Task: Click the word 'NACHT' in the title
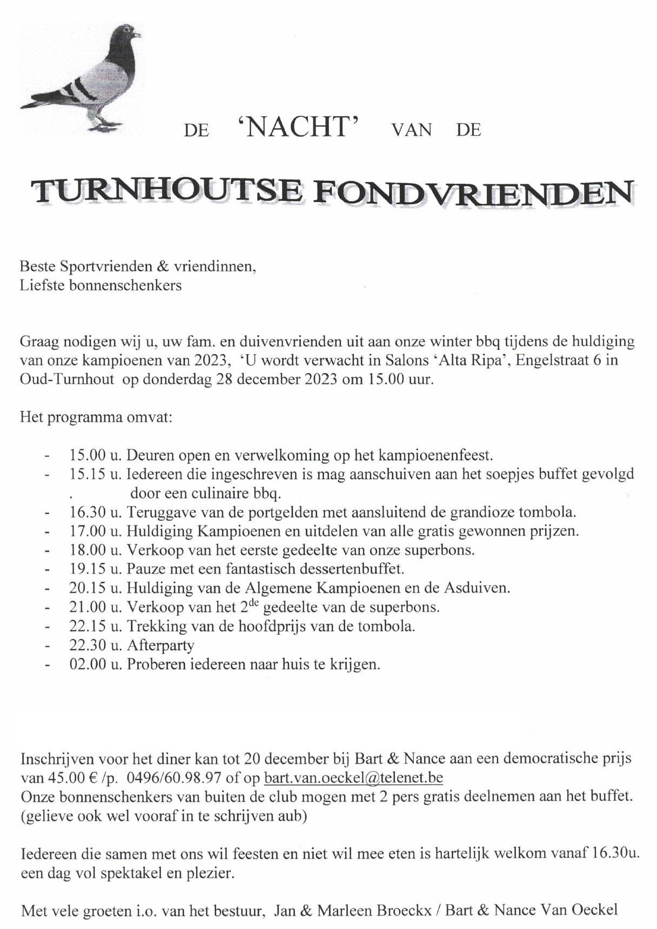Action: (x=298, y=128)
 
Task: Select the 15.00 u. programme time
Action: (x=96, y=455)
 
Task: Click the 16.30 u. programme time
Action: (x=96, y=512)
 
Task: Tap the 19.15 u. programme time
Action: (x=96, y=569)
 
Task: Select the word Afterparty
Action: (x=160, y=645)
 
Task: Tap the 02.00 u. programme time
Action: (x=96, y=664)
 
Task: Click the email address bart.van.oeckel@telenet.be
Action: (x=353, y=778)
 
